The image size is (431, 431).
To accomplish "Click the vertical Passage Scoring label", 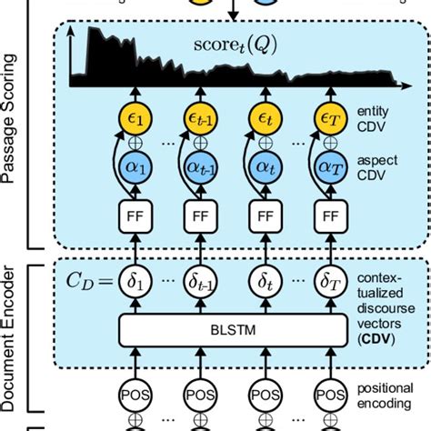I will click(12, 136).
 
